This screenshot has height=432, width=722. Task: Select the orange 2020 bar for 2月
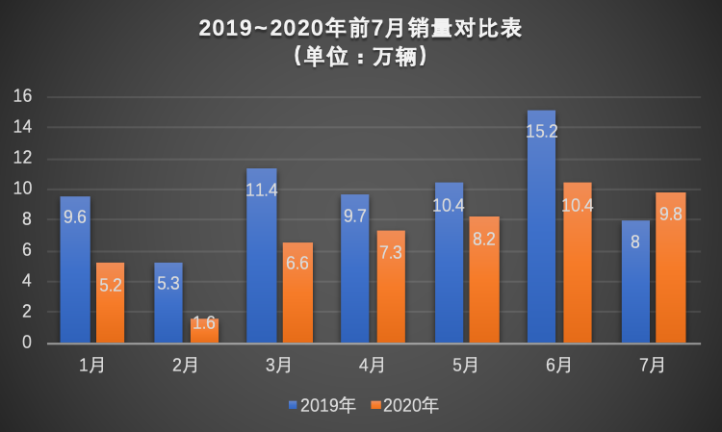point(204,331)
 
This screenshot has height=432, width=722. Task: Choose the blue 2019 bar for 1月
point(75,269)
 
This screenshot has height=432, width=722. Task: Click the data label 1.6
point(204,323)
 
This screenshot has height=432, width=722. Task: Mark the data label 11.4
point(261,190)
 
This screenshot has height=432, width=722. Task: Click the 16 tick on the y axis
point(23,96)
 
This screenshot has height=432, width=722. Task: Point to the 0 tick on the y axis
point(28,343)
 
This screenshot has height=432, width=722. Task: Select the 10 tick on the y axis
point(23,189)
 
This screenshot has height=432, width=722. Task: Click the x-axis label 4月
point(373,366)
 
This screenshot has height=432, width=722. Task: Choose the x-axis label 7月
point(654,366)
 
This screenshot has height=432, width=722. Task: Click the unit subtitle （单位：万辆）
point(360,57)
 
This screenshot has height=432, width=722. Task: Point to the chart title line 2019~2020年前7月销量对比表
point(360,28)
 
